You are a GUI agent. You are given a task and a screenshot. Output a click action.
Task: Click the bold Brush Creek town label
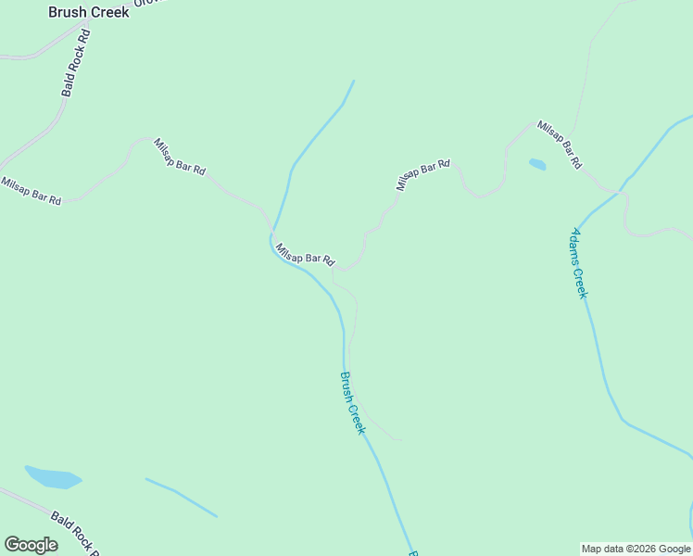89,13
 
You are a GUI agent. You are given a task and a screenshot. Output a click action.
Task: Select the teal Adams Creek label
578,262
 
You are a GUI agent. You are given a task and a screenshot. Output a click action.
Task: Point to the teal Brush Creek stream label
353,403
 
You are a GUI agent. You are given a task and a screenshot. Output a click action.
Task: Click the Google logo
31,545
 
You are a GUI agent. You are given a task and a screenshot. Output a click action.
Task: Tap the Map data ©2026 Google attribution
636,549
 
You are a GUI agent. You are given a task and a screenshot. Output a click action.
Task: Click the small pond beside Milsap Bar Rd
537,165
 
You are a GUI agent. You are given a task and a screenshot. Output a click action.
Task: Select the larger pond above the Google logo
53,477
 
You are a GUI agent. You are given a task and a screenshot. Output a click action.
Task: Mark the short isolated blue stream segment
181,498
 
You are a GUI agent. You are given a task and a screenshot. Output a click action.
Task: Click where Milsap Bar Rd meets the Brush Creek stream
272,232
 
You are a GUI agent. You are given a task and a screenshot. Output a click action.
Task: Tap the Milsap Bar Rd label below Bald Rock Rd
31,190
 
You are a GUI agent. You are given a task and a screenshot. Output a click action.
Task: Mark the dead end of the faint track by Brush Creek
402,439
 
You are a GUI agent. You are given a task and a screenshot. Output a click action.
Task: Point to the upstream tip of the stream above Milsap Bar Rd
353,81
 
